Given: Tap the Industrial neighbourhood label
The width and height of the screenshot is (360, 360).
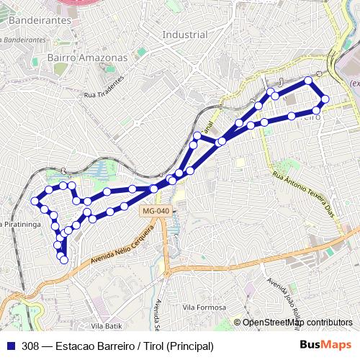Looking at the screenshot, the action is coord(185,35).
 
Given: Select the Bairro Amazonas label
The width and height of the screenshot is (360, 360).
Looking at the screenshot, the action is coord(86,57).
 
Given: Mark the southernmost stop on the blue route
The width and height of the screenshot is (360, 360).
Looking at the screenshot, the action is coord(63,260).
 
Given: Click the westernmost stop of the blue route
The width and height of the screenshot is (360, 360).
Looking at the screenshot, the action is coord(35,201).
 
